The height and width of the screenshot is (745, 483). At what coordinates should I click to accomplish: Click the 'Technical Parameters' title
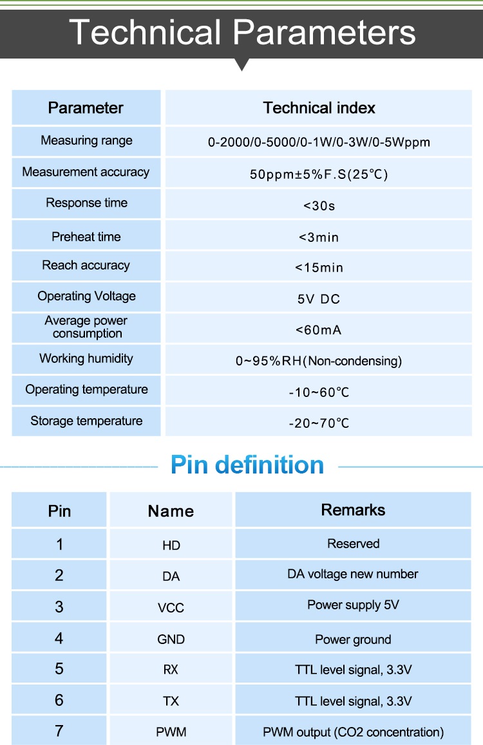(242, 32)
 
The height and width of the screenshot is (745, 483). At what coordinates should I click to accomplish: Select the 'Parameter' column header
(86, 108)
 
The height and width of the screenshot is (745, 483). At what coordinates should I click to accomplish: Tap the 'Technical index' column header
(319, 108)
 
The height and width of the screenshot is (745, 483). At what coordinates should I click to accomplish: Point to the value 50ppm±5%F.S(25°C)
(319, 174)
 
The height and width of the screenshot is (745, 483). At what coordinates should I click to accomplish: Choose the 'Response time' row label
(86, 203)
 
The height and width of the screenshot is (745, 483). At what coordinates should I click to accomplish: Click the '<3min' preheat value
(319, 237)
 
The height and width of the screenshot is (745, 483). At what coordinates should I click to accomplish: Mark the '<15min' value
(319, 268)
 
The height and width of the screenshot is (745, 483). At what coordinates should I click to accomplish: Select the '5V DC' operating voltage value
(319, 299)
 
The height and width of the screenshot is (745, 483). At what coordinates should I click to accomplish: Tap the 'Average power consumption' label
(86, 327)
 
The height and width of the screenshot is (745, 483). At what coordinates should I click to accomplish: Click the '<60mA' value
(319, 330)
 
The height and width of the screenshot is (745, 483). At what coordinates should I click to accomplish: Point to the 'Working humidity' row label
(86, 358)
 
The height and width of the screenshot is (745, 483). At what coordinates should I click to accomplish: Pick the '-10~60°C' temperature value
(319, 392)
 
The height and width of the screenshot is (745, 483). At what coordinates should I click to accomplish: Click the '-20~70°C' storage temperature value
(319, 423)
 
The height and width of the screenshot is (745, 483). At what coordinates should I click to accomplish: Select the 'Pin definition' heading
(247, 464)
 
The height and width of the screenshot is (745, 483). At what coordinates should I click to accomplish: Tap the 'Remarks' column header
(353, 510)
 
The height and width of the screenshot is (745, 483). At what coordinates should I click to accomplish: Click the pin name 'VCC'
(171, 608)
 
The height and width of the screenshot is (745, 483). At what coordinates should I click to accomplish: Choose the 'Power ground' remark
(353, 639)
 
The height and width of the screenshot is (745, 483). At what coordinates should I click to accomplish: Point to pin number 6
(59, 700)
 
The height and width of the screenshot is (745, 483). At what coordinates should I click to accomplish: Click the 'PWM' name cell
(171, 732)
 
